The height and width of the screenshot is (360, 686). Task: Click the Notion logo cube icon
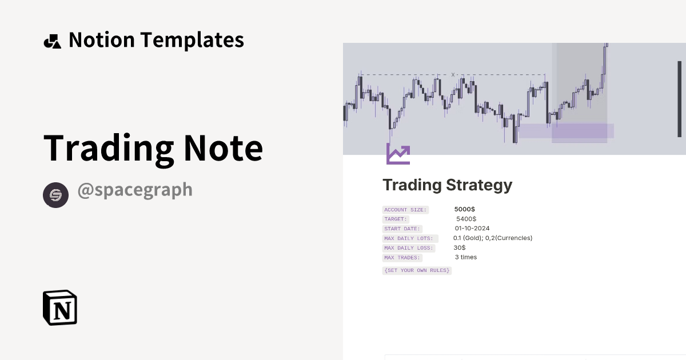[x=60, y=307]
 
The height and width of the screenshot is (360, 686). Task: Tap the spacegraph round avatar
[x=55, y=195]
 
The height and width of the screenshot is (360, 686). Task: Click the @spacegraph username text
[x=135, y=190]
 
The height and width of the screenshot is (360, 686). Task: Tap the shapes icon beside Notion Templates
[x=52, y=41]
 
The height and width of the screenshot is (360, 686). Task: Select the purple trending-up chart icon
[x=398, y=154]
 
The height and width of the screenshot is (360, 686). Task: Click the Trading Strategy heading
[x=447, y=185]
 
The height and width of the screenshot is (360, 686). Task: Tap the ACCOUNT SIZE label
[x=405, y=210]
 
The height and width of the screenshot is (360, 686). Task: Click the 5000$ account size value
[x=465, y=209]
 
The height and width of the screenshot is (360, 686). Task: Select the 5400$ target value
[x=466, y=219]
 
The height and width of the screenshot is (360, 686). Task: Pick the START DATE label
[x=402, y=229]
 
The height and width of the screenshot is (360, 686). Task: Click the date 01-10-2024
[x=472, y=228]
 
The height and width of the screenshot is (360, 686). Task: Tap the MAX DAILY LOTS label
[x=410, y=238]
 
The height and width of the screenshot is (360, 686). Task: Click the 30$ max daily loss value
[x=460, y=247]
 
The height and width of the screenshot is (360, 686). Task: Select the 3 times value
[x=466, y=257]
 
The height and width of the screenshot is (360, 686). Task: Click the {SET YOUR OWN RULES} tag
[x=417, y=270]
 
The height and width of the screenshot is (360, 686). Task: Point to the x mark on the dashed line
[x=453, y=74]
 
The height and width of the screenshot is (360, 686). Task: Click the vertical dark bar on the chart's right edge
[x=679, y=99]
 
